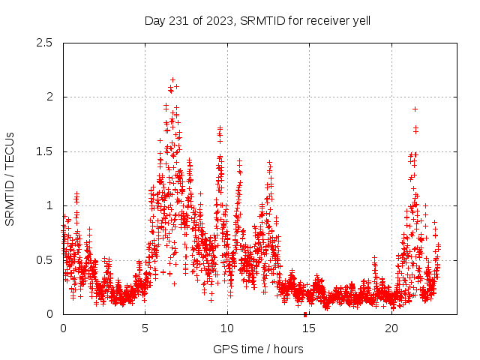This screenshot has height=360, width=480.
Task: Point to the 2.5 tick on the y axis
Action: tap(45, 43)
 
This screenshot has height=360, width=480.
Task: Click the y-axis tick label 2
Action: tap(49, 97)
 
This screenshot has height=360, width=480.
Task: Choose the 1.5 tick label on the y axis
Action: tap(45, 151)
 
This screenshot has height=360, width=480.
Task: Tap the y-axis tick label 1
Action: tap(49, 205)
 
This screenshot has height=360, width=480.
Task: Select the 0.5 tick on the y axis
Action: tap(45, 260)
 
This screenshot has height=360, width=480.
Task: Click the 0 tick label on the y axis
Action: tap(49, 314)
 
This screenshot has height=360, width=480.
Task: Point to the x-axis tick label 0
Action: tap(63, 328)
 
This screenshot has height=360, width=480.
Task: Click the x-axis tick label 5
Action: tap(145, 328)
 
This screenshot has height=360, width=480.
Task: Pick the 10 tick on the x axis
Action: tap(227, 328)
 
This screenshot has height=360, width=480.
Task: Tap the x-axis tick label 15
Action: tap(310, 328)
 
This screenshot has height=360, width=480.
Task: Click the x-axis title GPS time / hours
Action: tap(258, 349)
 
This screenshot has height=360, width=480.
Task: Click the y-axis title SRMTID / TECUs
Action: tap(10, 178)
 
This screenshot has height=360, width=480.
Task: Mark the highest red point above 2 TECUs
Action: tap(172, 79)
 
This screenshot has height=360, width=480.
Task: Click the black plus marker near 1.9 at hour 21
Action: tap(415, 109)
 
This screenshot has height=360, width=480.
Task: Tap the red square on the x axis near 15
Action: tap(305, 314)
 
